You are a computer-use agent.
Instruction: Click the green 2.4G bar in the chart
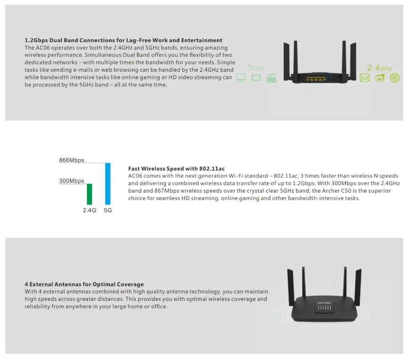(x=89, y=194)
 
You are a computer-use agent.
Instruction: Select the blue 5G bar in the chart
(x=108, y=183)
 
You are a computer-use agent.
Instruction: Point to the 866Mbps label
(x=71, y=160)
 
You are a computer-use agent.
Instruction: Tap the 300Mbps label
(x=71, y=181)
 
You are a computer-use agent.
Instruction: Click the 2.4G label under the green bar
(x=89, y=210)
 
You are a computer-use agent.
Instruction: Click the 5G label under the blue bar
(x=108, y=210)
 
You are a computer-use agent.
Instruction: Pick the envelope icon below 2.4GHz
(x=364, y=78)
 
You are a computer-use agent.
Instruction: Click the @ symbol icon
(x=395, y=78)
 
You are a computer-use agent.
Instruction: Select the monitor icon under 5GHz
(x=241, y=78)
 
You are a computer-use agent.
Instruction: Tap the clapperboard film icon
(x=271, y=78)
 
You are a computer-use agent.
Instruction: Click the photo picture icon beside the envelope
(x=380, y=78)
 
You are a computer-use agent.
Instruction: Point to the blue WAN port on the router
(x=328, y=78)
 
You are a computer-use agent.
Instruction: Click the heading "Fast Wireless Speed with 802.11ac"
(x=176, y=169)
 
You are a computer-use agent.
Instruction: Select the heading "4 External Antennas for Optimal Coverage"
(x=84, y=284)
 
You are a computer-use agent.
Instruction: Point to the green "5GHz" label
(x=256, y=68)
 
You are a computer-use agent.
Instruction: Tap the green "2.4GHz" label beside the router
(x=379, y=68)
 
